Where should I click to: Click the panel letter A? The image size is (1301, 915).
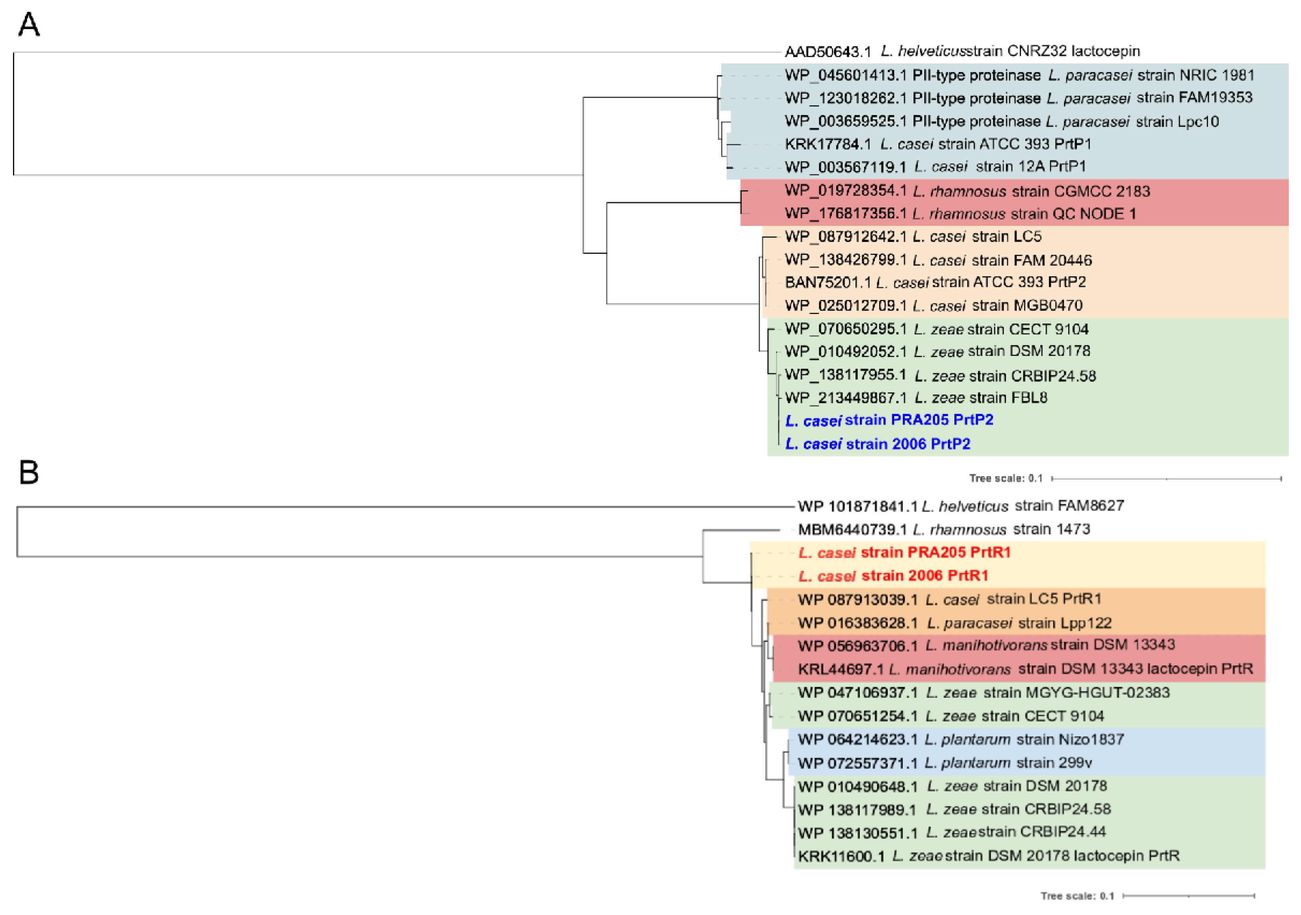[29, 26]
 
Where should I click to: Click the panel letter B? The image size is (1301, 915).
[29, 472]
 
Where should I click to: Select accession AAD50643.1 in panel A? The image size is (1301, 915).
[827, 52]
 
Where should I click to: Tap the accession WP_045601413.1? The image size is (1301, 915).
[845, 75]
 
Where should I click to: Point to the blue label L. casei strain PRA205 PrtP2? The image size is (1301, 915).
[889, 420]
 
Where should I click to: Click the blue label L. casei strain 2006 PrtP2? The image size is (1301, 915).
[878, 444]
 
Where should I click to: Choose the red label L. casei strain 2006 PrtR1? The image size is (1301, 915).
[893, 576]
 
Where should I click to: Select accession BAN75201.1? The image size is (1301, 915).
[827, 282]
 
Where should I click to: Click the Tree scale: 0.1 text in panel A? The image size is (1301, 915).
[1006, 478]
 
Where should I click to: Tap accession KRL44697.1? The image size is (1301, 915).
[840, 670]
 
